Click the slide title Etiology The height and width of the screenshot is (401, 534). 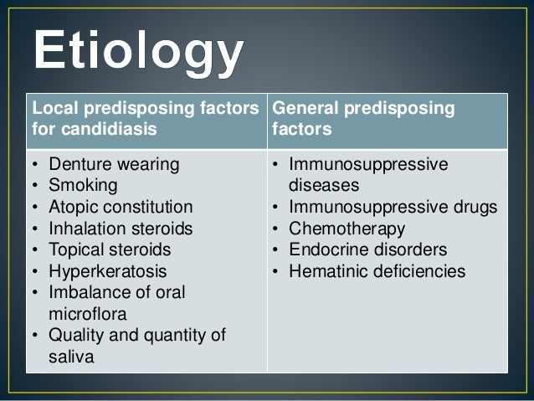pos(137,53)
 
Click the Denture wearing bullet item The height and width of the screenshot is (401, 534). pos(112,164)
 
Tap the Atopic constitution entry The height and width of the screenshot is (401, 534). pos(120,207)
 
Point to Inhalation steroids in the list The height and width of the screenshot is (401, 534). pos(121,229)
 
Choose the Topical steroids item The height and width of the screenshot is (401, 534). pos(110,249)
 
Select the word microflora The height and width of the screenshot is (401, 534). pos(85,314)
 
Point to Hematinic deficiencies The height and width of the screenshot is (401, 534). pos(377,271)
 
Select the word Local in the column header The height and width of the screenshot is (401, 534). pos(49,110)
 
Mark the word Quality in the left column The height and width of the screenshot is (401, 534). pos(75,336)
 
